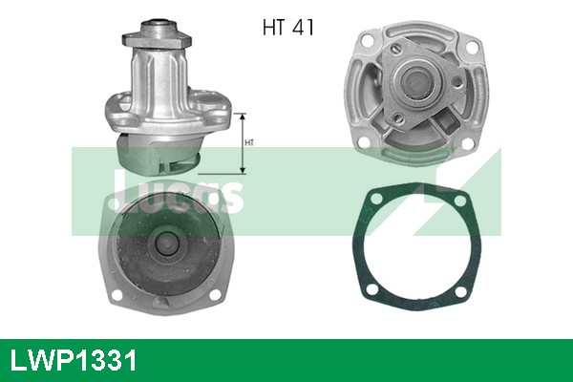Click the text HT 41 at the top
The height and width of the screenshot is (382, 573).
(287, 26)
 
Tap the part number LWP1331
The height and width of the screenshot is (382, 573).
(74, 361)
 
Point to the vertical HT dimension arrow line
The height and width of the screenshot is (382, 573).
(243, 143)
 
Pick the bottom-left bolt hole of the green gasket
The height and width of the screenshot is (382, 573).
(366, 284)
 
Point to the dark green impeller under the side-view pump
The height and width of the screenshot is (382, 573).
(158, 153)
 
